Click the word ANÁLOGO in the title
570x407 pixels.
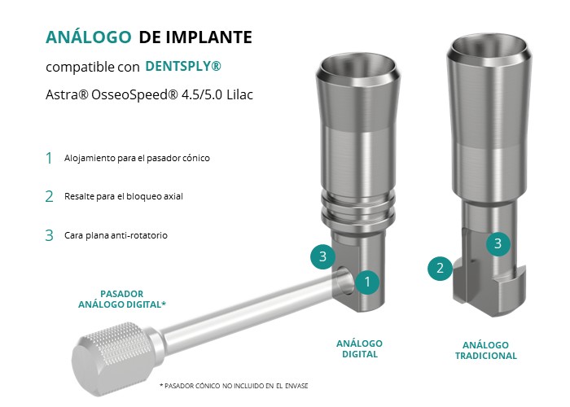(x=88, y=37)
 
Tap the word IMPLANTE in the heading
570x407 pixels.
(x=208, y=37)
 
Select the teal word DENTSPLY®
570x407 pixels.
(x=183, y=66)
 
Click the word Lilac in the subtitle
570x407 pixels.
(x=239, y=95)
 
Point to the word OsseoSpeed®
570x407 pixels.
(x=134, y=95)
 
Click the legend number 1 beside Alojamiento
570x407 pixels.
(x=49, y=158)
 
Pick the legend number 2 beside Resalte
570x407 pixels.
(x=49, y=197)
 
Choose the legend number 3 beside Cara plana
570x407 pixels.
(x=49, y=235)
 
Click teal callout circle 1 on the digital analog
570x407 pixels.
(x=367, y=282)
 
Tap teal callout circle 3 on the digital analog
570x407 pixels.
(x=322, y=257)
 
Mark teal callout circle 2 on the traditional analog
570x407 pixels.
(x=440, y=268)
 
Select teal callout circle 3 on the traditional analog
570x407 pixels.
(x=498, y=243)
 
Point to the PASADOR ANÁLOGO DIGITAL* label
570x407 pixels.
(x=122, y=299)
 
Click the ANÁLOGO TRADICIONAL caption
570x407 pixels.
(x=485, y=350)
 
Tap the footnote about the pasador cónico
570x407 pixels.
(x=234, y=386)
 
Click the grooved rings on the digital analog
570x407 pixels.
(x=357, y=209)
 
